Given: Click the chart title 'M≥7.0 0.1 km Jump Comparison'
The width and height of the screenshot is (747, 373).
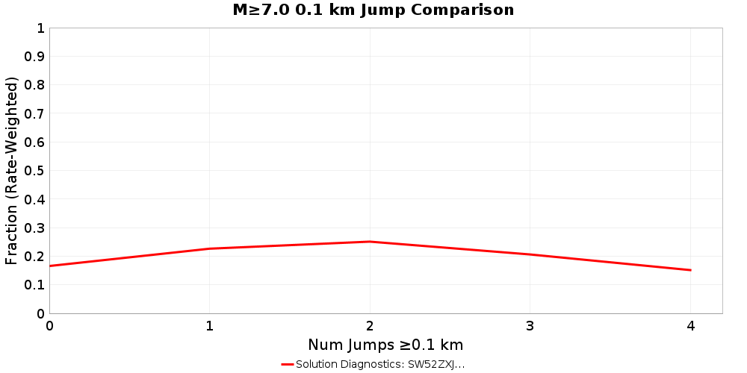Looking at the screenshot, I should (x=373, y=10).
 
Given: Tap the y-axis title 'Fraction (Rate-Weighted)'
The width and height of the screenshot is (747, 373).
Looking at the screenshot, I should (x=11, y=170).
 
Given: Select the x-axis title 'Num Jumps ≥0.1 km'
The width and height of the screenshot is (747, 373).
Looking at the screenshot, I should (x=385, y=345).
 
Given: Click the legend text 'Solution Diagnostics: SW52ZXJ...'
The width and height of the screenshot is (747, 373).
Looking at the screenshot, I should (x=380, y=364).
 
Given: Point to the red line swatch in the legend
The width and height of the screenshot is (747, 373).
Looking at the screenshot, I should (x=287, y=364).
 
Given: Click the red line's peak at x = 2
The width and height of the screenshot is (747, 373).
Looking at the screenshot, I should (x=370, y=242).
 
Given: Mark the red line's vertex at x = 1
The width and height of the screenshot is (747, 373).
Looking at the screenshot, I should (x=210, y=248).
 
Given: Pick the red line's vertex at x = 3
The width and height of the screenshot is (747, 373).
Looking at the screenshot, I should (x=530, y=254).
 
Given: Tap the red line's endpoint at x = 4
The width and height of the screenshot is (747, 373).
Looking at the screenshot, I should (x=690, y=270).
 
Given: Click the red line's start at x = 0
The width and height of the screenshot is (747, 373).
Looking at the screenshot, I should (x=50, y=266).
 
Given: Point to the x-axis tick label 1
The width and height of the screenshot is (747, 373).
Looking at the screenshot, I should (x=210, y=326).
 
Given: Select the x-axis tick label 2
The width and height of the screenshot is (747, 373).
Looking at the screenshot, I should (x=370, y=326).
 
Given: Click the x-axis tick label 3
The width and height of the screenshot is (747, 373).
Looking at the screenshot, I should (x=530, y=326).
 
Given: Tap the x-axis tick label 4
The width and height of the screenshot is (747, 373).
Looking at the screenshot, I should (x=690, y=326).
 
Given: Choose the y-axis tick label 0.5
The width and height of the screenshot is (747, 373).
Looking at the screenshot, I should (x=34, y=171).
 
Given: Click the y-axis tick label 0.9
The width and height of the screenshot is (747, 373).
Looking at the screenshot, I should (x=34, y=57).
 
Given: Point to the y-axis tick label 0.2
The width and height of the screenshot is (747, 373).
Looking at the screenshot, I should (x=34, y=257).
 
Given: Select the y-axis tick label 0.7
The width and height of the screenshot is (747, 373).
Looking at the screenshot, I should (x=34, y=113).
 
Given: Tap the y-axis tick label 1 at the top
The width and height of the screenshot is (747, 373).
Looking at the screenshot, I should (x=40, y=28).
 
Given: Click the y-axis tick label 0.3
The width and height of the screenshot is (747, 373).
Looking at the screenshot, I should (x=34, y=228).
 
